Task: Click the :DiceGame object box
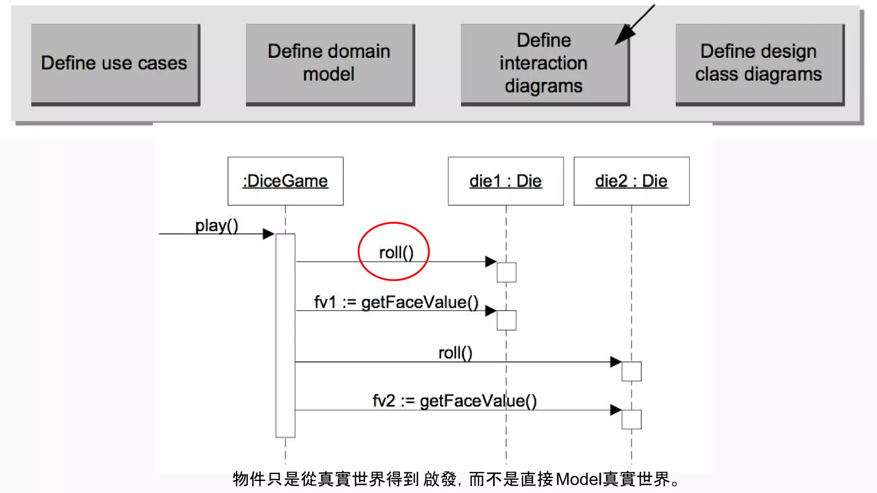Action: pos(285,181)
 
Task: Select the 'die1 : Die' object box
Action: pos(505,181)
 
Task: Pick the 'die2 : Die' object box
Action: pos(631,181)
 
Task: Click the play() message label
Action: pos(216,226)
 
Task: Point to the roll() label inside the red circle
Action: pos(396,252)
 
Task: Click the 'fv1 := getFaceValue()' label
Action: pos(396,302)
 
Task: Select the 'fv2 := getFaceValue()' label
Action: pos(454,401)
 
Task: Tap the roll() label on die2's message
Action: pos(455,353)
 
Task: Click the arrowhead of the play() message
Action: pos(268,234)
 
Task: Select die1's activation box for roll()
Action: pos(506,272)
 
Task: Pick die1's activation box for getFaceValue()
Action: pos(506,320)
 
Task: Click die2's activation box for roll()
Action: pos(631,371)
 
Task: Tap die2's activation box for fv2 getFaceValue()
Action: pos(631,419)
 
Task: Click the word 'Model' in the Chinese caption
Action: pos(579,479)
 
